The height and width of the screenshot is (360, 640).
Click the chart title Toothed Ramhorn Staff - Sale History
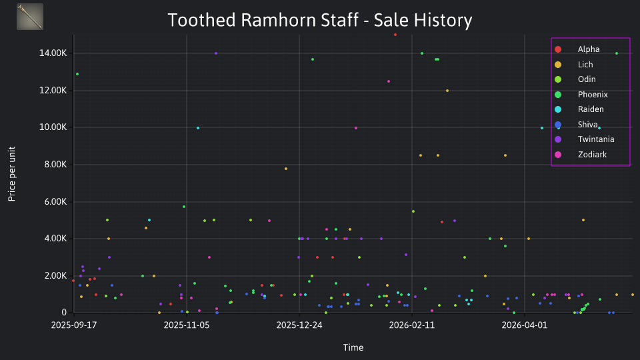click(x=320, y=20)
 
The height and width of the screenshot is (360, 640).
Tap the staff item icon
click(x=30, y=17)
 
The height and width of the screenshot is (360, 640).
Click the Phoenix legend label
click(x=593, y=94)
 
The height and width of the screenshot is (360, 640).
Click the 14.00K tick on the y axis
click(x=53, y=53)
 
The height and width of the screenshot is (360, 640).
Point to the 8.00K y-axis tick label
click(x=55, y=165)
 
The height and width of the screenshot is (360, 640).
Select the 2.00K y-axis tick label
click(x=55, y=276)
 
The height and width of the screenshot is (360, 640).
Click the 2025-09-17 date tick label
click(x=74, y=325)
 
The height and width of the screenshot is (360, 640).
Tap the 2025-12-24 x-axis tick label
click(x=299, y=325)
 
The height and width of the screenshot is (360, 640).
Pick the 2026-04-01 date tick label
click(x=525, y=325)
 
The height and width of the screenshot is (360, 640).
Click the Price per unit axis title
click(x=12, y=174)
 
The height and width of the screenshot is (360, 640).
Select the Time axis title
click(x=353, y=347)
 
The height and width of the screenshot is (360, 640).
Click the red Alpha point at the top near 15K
click(x=395, y=35)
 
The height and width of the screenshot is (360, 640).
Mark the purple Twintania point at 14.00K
click(x=216, y=53)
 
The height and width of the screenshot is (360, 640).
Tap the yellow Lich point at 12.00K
click(x=447, y=91)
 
